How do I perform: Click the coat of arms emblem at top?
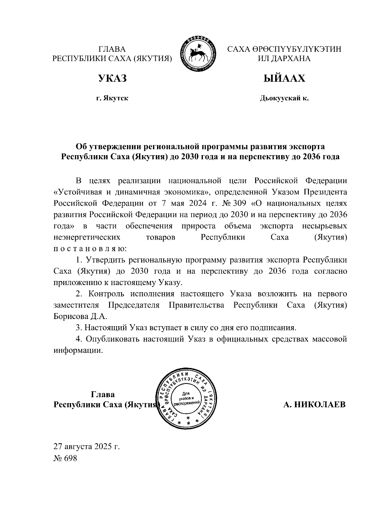click(199, 55)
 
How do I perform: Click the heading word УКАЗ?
click(112, 78)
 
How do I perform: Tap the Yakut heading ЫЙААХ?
click(284, 78)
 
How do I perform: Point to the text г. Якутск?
click(112, 99)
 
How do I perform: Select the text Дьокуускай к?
click(284, 99)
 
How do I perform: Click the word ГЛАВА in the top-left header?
click(112, 49)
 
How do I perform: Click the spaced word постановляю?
click(90, 249)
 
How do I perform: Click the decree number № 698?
click(65, 458)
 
